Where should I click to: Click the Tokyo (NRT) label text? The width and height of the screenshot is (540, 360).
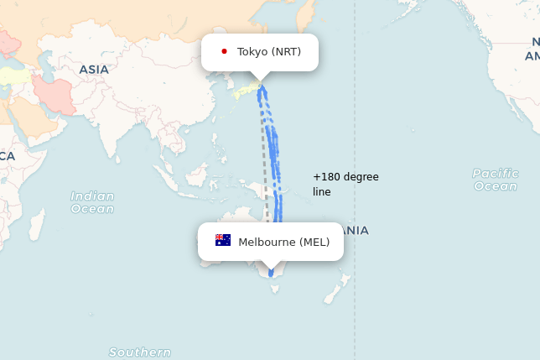pyautogui.click(x=268, y=52)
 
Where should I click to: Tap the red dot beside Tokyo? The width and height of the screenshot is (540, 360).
pyautogui.click(x=224, y=51)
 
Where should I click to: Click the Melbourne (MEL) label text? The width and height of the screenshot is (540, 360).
pyautogui.click(x=283, y=243)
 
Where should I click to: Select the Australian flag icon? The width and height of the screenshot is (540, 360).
pyautogui.click(x=223, y=241)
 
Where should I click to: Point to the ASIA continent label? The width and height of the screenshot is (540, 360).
pyautogui.click(x=94, y=70)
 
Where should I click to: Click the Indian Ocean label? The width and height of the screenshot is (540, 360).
pyautogui.click(x=92, y=202)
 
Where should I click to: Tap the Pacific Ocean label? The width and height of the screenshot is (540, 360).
pyautogui.click(x=495, y=180)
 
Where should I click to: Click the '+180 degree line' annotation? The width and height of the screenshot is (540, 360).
pyautogui.click(x=345, y=185)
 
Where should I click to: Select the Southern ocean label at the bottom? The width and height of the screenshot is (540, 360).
pyautogui.click(x=140, y=352)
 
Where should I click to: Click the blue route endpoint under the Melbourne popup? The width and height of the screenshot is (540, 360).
pyautogui.click(x=271, y=273)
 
